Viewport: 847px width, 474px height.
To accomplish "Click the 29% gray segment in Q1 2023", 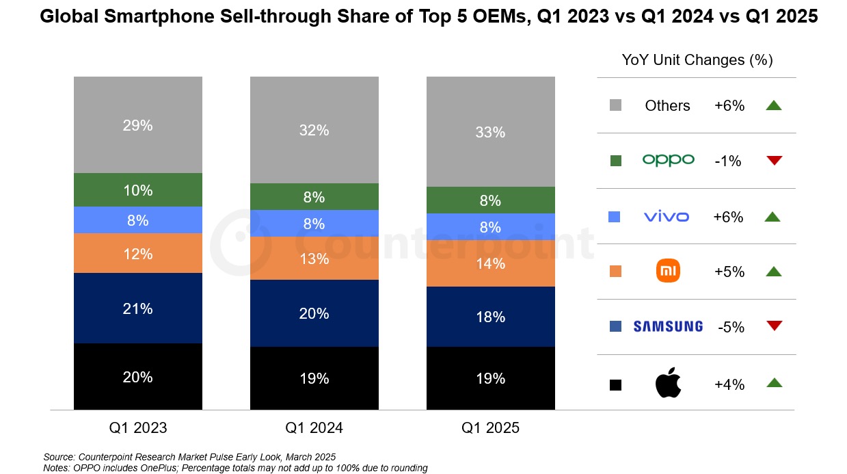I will pos(137,125).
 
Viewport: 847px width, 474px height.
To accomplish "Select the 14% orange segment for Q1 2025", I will pos(490,263).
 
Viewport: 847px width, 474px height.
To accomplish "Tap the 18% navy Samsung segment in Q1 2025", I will pos(490,317).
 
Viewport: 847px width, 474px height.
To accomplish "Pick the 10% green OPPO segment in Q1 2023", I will pos(137,190).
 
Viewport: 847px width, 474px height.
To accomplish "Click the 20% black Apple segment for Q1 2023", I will pos(137,377).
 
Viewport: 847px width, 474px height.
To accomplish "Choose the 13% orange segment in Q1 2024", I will pos(314,259).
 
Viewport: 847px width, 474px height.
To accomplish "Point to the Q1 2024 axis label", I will pos(314,428).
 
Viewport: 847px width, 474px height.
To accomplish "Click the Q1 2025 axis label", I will pos(490,428).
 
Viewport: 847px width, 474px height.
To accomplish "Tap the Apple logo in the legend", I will pos(668,384).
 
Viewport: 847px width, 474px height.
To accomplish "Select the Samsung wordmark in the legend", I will pos(668,327).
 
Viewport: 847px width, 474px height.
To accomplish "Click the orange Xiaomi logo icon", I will pos(668,272).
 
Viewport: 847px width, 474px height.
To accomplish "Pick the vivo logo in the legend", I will pos(667,217).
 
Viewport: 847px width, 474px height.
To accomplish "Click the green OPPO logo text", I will pos(668,160).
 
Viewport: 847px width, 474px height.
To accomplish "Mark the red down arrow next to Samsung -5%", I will pos(774,326).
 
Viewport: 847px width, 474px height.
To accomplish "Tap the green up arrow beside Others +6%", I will pos(773,105).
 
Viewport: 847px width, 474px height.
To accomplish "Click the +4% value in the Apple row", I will pos(729,384).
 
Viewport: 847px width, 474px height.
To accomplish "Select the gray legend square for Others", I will pos(615,105).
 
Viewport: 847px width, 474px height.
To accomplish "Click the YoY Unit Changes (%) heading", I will pos(697,60).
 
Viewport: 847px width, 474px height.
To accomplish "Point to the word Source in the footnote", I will pos(59,456).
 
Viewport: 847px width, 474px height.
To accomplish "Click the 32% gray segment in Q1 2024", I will pos(314,130).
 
